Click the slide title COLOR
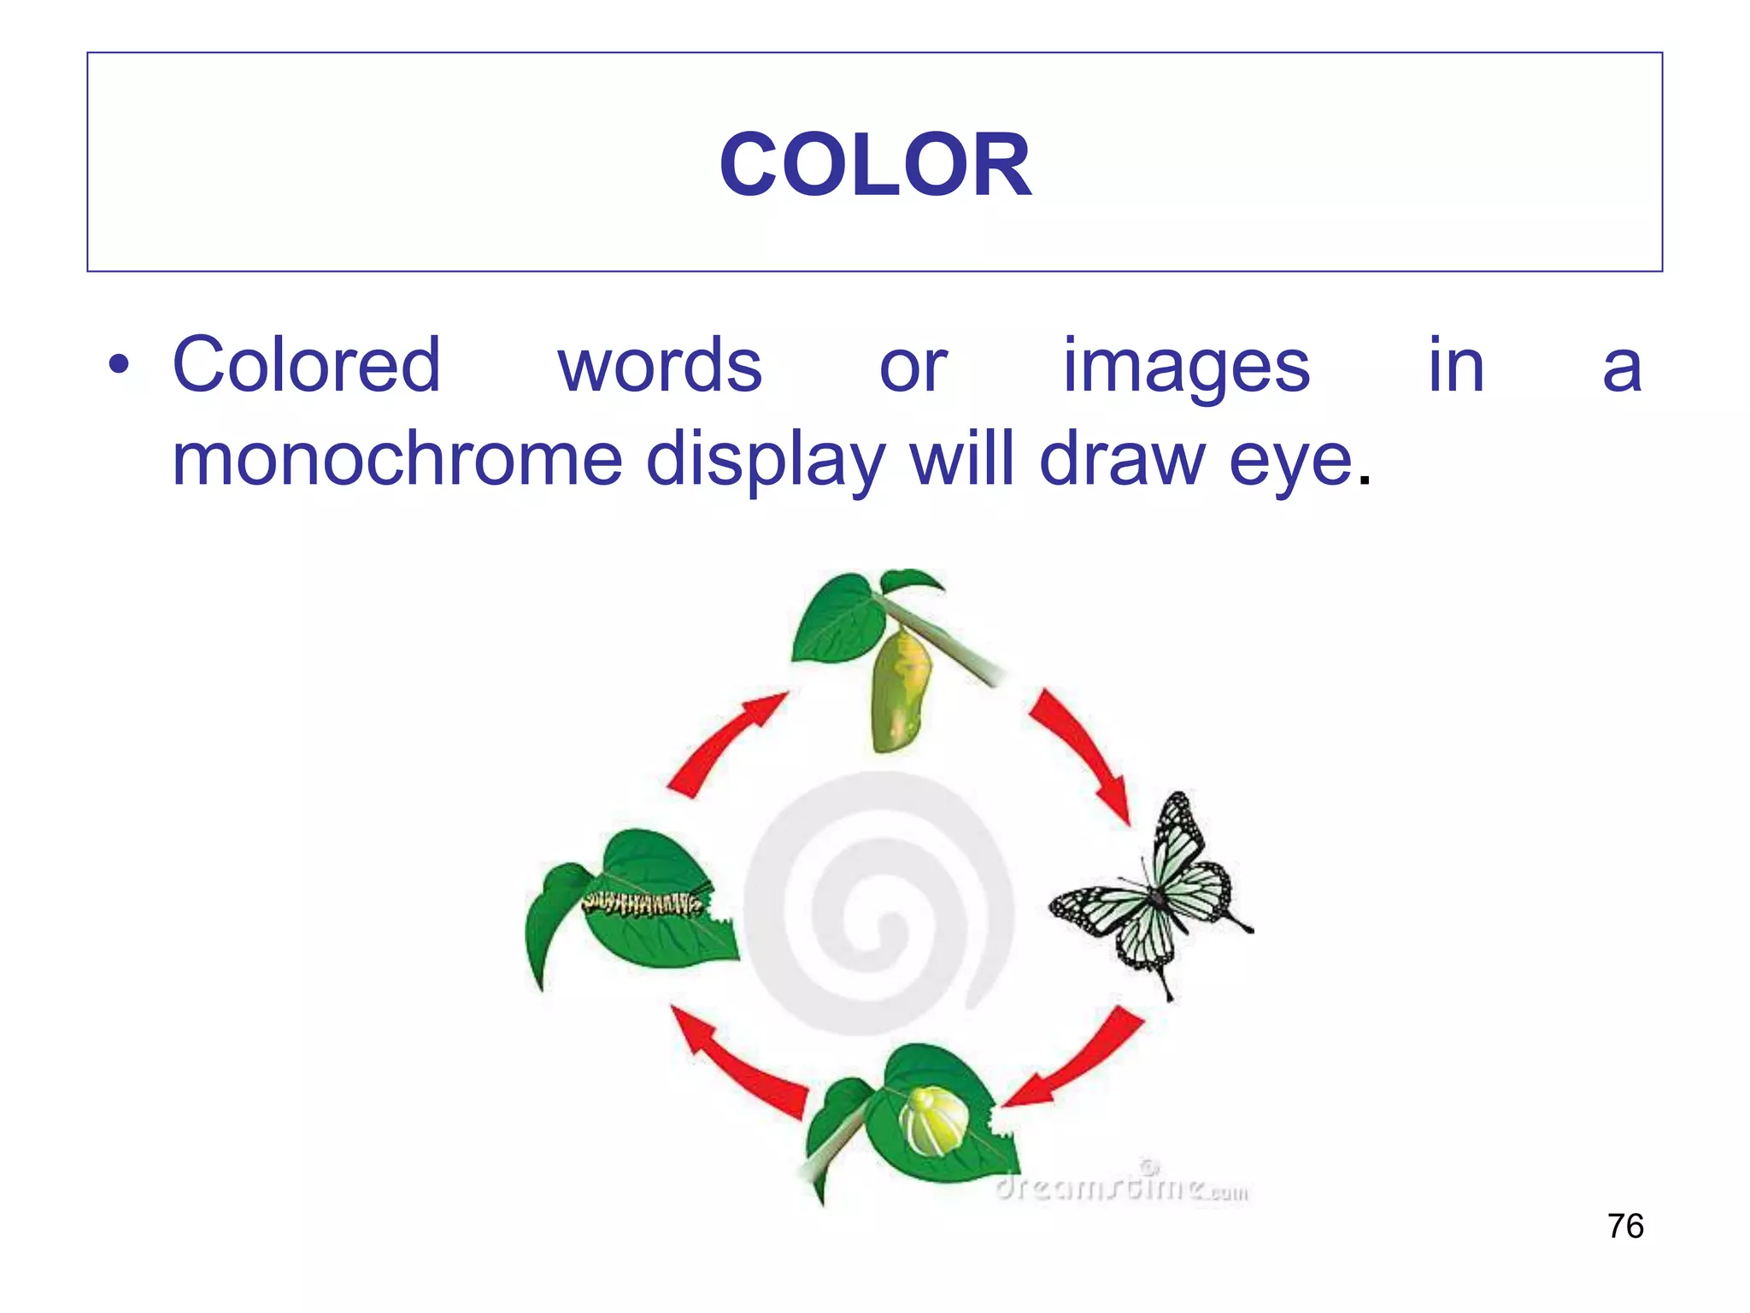point(875,164)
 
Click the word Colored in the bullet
point(307,365)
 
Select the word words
point(660,365)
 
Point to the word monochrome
point(397,459)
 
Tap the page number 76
point(1625,1226)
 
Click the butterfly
point(1154,894)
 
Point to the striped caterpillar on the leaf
point(643,903)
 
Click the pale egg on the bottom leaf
point(934,1120)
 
